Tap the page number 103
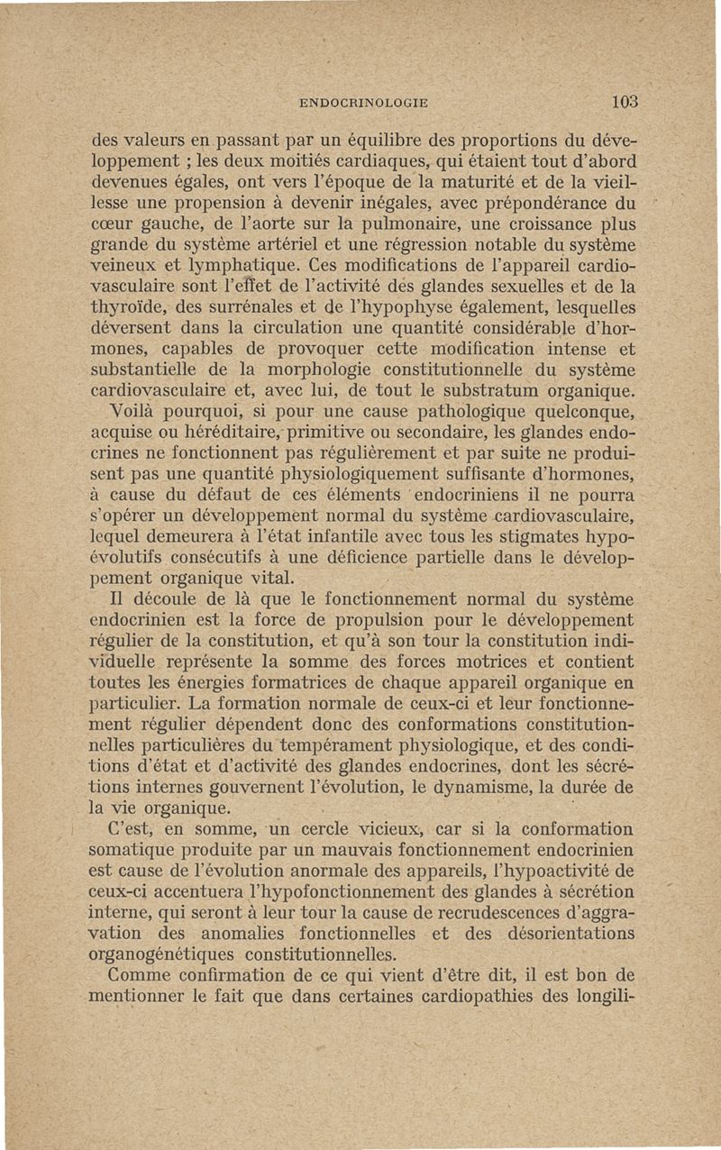click(622, 101)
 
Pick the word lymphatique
click(233, 267)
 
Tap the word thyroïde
click(129, 308)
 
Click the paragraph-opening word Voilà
click(132, 412)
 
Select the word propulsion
click(358, 620)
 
